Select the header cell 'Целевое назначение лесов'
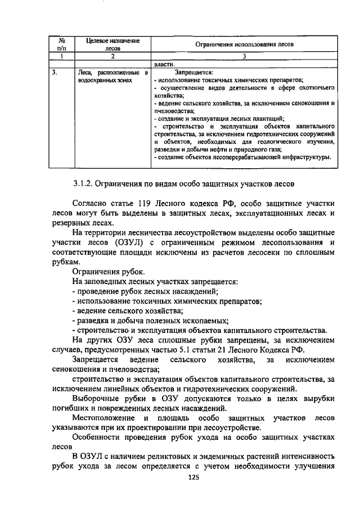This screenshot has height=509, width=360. tap(112, 44)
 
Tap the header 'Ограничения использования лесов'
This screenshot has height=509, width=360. tap(244, 44)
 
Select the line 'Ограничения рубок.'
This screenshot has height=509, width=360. tap(105, 272)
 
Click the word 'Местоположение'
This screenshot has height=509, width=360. tap(103, 418)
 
